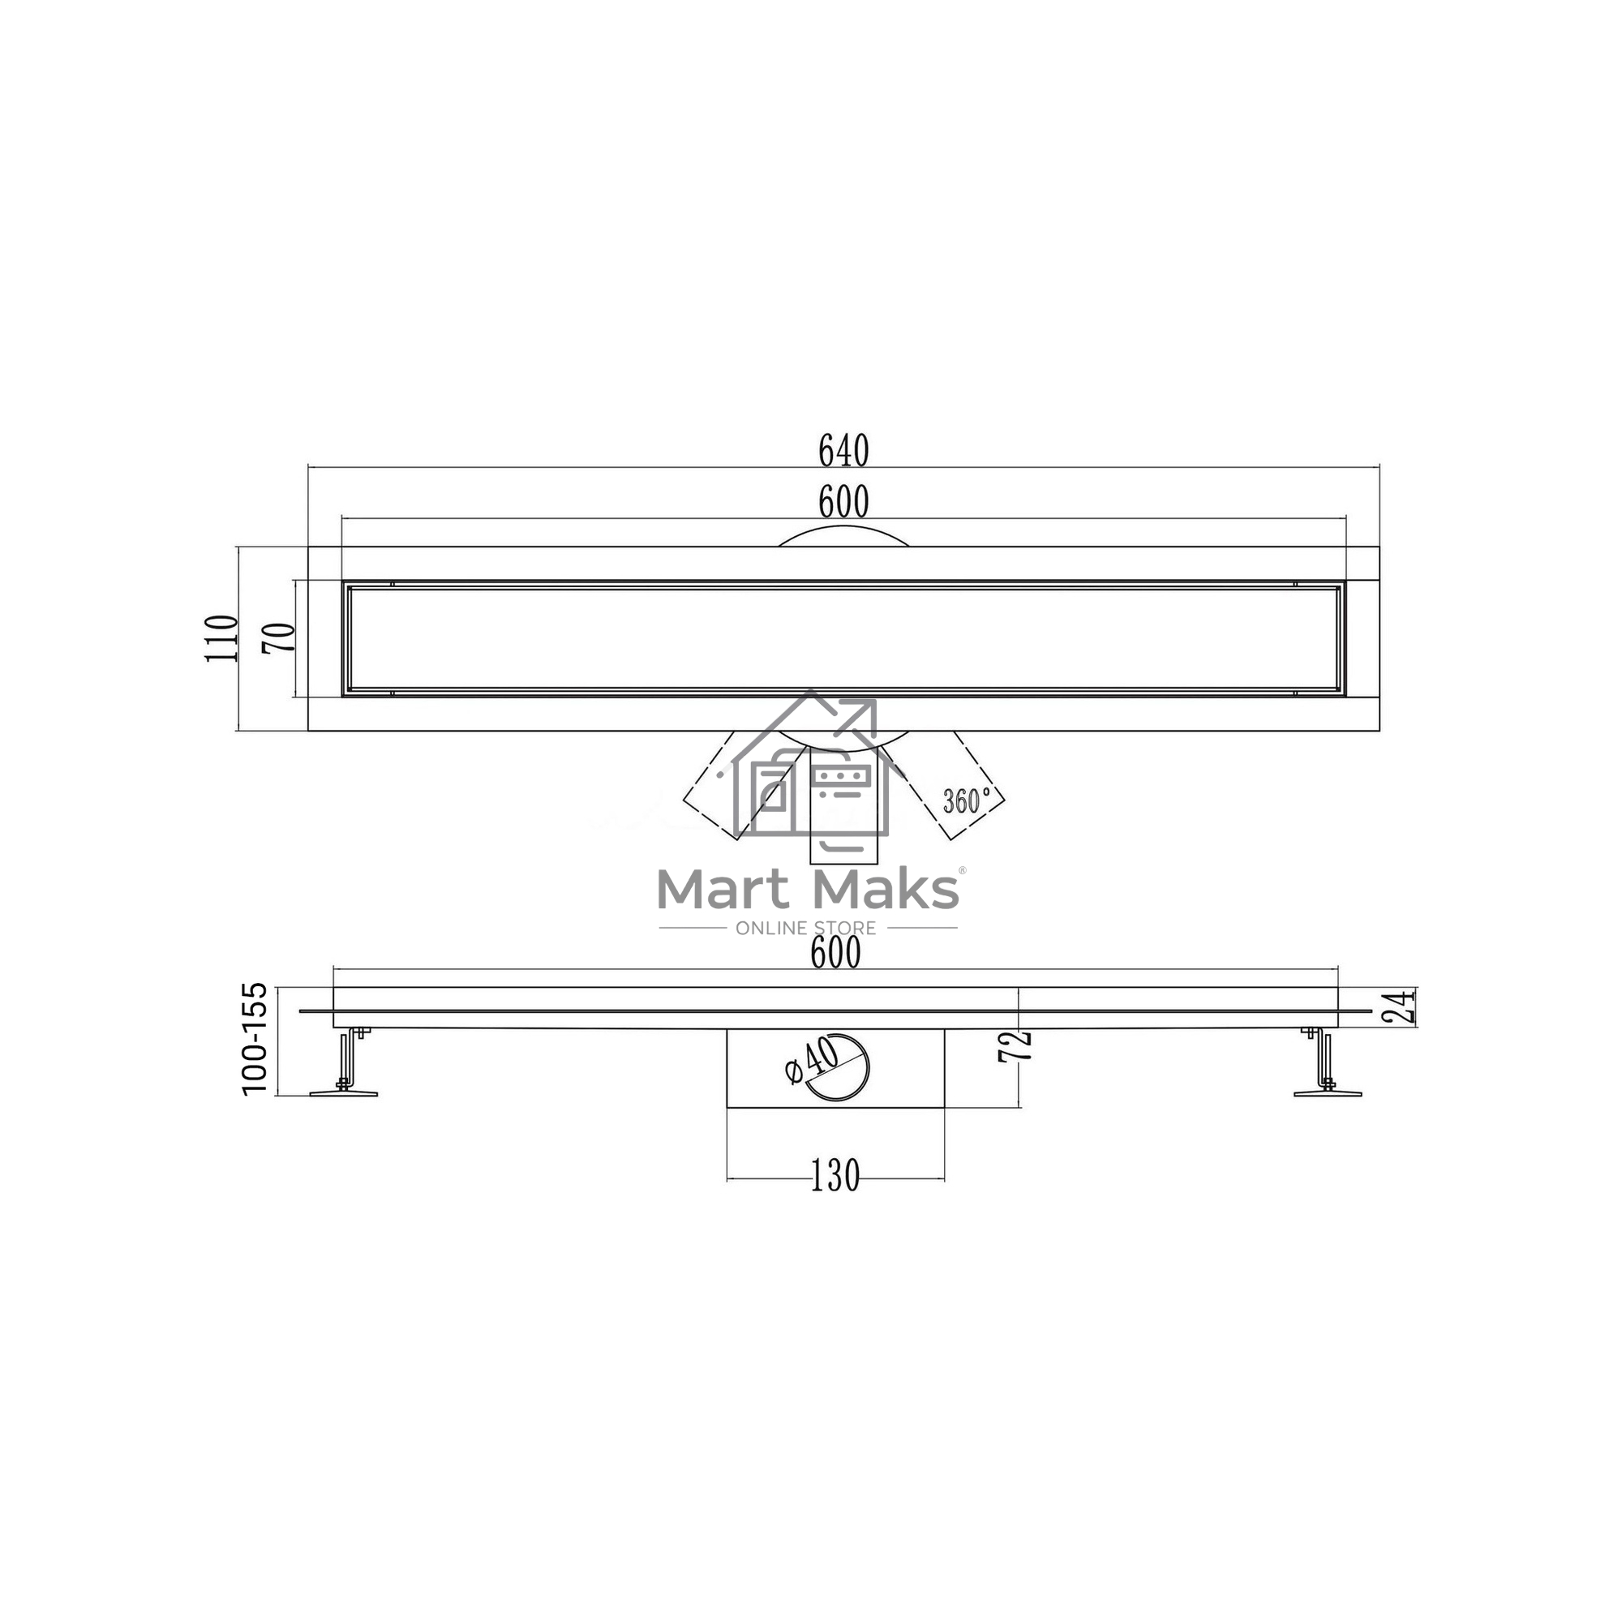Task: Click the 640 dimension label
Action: (x=843, y=452)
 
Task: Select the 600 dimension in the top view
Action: (x=843, y=503)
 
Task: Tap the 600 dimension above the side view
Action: (x=836, y=953)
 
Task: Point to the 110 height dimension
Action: (x=221, y=638)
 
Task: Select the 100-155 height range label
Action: (x=255, y=1039)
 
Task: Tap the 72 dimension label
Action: (x=1015, y=1047)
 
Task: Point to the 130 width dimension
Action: (x=835, y=1176)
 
